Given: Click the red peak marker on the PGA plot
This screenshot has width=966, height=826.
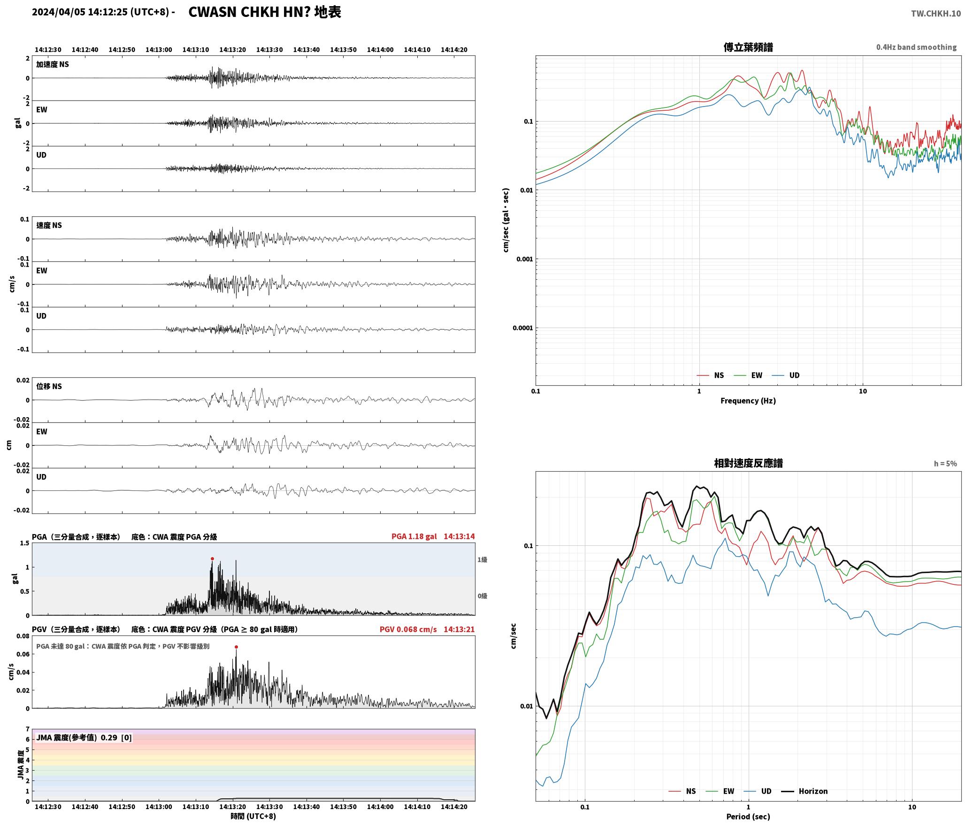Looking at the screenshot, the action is pos(212,558).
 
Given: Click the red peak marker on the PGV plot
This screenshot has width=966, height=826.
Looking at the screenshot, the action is pos(236,647).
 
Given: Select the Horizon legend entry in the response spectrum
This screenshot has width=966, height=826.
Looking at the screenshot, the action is pos(805,791).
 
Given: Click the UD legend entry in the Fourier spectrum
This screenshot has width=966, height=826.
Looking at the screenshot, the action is pos(786,375).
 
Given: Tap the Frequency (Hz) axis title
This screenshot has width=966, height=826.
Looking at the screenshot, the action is pos(748,400).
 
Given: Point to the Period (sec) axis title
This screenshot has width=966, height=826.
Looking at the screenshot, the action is pos(748,816).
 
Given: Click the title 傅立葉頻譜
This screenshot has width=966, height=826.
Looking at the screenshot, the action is pos(748,47).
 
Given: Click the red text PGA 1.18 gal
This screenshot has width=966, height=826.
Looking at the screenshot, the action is pos(414,536).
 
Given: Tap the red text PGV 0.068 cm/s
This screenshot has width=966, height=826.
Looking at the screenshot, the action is pos(408,629).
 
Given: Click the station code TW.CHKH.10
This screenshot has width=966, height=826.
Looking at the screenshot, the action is pos(936,14).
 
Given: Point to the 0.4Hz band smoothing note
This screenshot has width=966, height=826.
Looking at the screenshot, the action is pos(916,47).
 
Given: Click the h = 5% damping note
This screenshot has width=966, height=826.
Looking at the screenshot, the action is pos(945,463).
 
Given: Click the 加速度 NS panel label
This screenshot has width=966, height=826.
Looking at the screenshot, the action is pos(53,64).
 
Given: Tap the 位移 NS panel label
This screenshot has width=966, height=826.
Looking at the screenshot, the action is pos(49,386).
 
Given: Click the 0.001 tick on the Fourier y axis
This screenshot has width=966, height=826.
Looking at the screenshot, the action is pos(524,259).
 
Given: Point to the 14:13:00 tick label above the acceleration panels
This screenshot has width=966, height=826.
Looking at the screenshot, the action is pos(159,50).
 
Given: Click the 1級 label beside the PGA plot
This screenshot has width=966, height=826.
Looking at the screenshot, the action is pos(482,559).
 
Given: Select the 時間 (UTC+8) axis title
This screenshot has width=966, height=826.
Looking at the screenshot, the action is pos(253,816).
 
